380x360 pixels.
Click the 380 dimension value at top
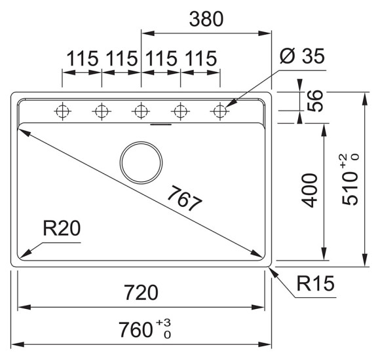[206, 20]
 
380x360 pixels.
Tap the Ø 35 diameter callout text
[302, 58]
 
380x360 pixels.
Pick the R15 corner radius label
[315, 284]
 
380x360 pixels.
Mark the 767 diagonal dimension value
[183, 198]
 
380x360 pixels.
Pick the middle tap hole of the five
[141, 111]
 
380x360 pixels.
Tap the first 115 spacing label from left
[81, 59]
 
